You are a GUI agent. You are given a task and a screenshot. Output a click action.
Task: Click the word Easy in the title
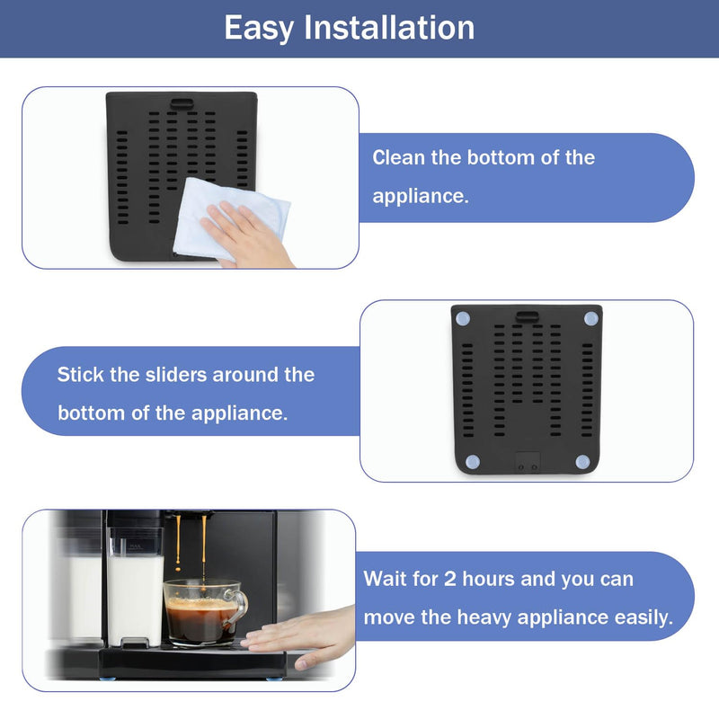[260, 28]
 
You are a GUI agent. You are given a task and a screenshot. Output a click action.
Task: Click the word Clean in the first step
[399, 157]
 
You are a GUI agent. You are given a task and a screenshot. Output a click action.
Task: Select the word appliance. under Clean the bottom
[421, 196]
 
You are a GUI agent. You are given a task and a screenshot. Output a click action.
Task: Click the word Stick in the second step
[81, 374]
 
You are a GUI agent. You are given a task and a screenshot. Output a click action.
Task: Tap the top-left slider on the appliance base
[463, 319]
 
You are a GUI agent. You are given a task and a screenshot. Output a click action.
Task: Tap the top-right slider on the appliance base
[590, 319]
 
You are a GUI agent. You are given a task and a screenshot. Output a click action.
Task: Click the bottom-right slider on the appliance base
[581, 462]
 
